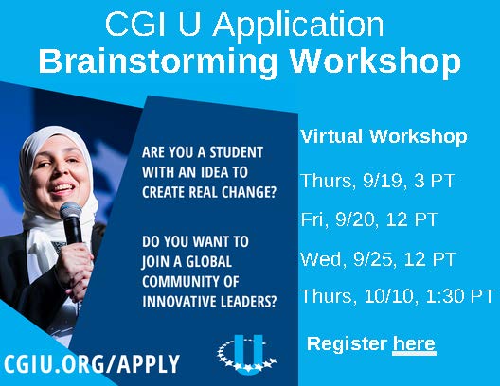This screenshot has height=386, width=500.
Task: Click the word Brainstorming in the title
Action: click(157, 61)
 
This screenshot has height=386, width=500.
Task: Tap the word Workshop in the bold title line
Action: click(375, 60)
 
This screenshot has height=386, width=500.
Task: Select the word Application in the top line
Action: click(298, 25)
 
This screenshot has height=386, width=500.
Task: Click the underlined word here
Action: click(414, 344)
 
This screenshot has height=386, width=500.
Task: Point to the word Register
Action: click(347, 344)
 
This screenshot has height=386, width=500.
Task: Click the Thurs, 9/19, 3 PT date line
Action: click(378, 181)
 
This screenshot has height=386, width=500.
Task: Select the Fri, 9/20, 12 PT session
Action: click(369, 219)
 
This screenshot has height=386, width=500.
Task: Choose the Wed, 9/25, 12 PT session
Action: click(379, 259)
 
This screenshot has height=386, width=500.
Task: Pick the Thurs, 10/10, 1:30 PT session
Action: click(398, 296)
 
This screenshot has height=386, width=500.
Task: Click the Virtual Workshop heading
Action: click(384, 136)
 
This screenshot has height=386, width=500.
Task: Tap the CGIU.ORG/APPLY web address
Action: click(92, 363)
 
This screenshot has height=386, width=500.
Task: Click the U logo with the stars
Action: click(247, 354)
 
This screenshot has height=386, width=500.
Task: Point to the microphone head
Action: click(70, 210)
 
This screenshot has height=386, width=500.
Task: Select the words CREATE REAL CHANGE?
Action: click(209, 192)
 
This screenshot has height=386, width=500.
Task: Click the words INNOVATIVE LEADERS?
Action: click(209, 301)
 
